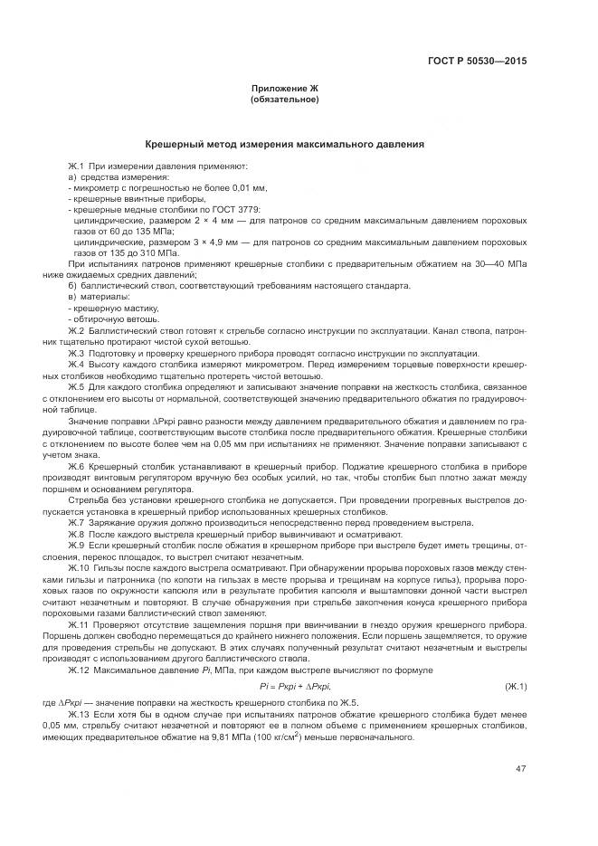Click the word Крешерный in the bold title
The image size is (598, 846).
176,144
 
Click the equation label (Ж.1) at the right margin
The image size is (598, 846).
517,687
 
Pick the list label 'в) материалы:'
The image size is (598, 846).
99,297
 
